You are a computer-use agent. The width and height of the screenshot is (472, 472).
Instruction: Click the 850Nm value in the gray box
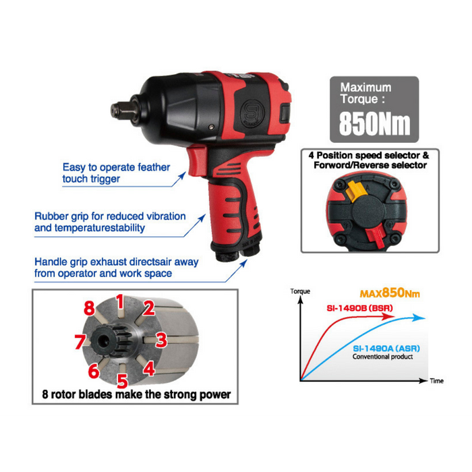[x=374, y=123]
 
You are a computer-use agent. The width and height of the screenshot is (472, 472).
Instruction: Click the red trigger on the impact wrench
[x=197, y=160]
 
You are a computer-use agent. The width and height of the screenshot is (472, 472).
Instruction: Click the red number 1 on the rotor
[x=121, y=302]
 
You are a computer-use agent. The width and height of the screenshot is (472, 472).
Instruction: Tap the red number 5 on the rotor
[x=123, y=381]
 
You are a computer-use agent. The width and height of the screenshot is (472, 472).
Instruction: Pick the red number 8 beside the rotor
[x=90, y=308]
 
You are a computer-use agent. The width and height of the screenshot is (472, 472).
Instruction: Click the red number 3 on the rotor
[x=161, y=340]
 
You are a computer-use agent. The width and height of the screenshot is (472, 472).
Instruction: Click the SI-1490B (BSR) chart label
[x=359, y=308]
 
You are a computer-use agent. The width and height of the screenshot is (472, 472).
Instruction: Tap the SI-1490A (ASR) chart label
[x=386, y=349]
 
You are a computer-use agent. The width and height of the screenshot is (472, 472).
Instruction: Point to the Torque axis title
[x=300, y=291]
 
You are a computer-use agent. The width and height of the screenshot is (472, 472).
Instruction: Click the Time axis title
[x=437, y=381]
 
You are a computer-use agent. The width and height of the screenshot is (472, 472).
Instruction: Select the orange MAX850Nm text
[x=390, y=293]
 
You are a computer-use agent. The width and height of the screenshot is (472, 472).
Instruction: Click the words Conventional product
[x=382, y=357]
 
